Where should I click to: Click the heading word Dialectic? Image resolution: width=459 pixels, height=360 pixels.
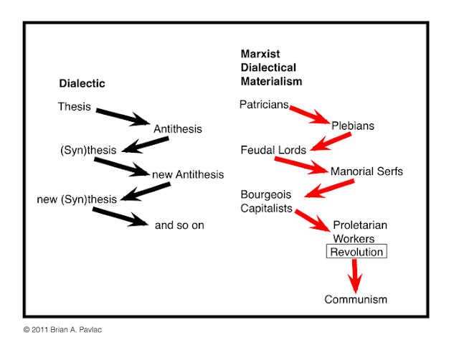81,83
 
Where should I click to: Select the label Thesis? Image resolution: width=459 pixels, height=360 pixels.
74,107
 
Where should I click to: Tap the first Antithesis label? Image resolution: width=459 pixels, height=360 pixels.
178,129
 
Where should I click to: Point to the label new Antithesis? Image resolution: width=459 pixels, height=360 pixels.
188,174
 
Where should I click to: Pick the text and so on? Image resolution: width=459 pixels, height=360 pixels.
179,224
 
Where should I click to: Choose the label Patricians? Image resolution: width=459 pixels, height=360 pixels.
264,105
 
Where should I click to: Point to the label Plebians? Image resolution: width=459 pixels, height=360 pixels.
353,126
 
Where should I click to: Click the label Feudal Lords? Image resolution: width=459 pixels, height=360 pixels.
274,150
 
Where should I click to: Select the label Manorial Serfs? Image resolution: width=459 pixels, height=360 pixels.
366,171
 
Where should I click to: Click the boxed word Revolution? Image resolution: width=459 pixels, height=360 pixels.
356,252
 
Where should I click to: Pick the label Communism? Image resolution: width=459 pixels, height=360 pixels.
356,299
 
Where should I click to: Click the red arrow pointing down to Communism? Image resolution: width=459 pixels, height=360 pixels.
354,275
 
